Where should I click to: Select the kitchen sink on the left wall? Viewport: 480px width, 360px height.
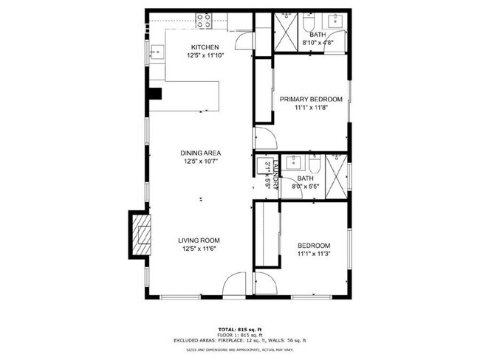tap(157, 52)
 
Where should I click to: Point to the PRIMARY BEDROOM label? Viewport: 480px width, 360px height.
tap(310, 99)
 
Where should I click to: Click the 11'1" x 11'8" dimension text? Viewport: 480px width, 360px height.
tap(310, 108)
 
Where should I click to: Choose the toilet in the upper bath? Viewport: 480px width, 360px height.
tap(306, 24)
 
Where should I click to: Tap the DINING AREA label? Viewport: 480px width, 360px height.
tap(201, 153)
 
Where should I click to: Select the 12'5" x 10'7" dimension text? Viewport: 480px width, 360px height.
tap(201, 162)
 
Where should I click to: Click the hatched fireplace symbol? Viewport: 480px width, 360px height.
tap(141, 235)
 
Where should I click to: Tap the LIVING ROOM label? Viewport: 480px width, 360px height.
tap(199, 240)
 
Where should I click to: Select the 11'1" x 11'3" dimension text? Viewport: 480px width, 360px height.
tap(314, 255)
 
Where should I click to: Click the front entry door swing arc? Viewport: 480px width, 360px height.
tap(236, 284)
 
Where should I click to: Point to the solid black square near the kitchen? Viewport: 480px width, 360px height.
tap(155, 94)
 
